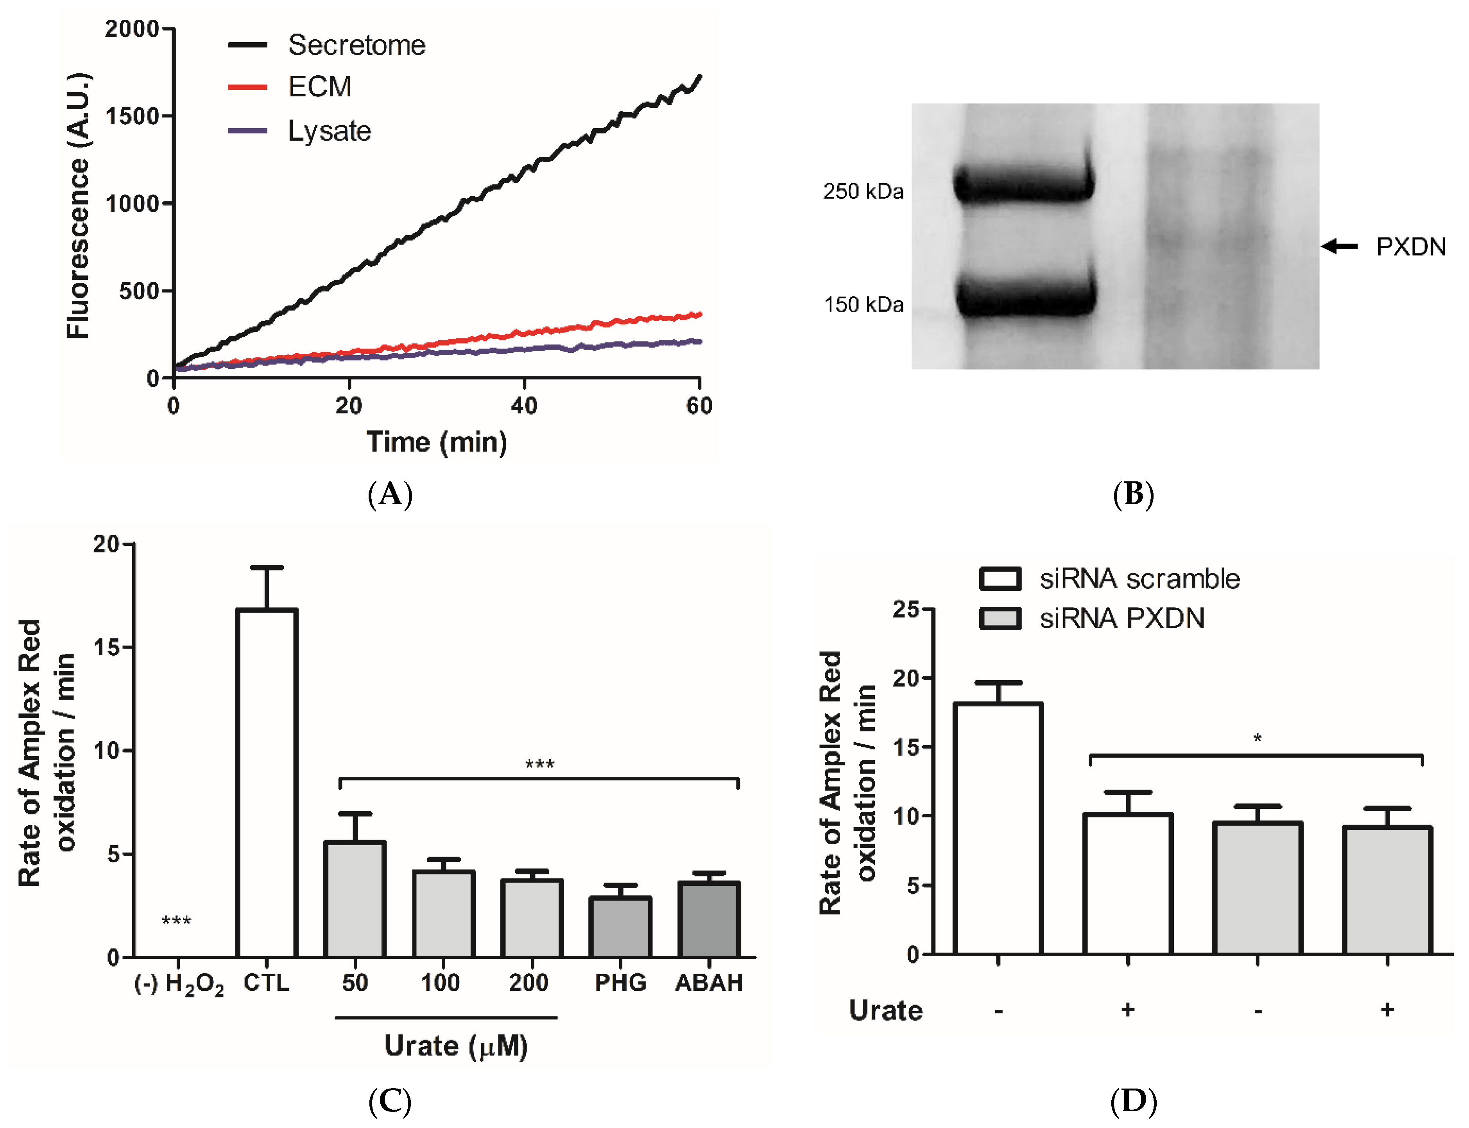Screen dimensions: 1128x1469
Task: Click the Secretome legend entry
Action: point(356,45)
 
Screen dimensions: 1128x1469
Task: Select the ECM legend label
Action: point(319,87)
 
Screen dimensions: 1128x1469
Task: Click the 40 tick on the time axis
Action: point(523,406)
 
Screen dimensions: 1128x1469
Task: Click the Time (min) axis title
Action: point(437,442)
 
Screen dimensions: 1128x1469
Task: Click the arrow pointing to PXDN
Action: point(1339,247)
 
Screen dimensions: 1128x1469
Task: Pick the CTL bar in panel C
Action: point(267,782)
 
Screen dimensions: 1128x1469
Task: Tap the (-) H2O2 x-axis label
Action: point(179,984)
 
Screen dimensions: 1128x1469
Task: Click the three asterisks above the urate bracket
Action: point(539,765)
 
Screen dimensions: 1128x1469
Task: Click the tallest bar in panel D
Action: point(998,828)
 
